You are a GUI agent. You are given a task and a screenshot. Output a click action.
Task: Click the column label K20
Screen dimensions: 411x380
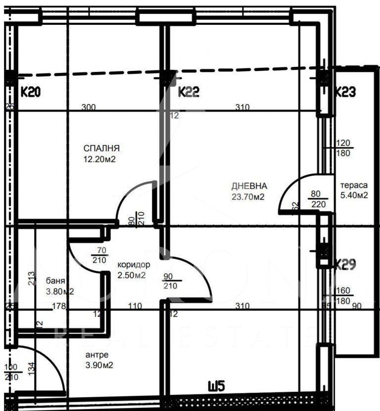30,92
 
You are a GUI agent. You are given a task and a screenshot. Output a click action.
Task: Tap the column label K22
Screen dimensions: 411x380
189,92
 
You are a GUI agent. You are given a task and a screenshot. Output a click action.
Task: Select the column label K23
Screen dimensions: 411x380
346,92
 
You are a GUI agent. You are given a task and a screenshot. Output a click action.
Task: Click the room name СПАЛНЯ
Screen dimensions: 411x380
102,148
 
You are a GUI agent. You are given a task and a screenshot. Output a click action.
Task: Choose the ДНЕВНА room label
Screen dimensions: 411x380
249,186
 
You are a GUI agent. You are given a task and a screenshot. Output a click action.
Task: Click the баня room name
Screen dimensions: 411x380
54,280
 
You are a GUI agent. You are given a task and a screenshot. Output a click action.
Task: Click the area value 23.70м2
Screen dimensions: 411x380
248,196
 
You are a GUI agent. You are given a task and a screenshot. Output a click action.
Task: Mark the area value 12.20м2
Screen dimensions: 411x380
99,159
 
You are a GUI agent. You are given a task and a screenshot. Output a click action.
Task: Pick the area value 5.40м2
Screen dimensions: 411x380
353,195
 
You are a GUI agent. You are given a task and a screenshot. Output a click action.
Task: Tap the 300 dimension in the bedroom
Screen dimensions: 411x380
89,107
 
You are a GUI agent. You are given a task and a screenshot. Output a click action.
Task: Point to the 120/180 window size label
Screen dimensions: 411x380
343,148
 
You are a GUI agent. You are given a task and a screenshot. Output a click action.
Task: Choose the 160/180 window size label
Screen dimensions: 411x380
343,296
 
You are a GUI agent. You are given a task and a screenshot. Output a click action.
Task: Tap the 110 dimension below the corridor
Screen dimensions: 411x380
135,306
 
